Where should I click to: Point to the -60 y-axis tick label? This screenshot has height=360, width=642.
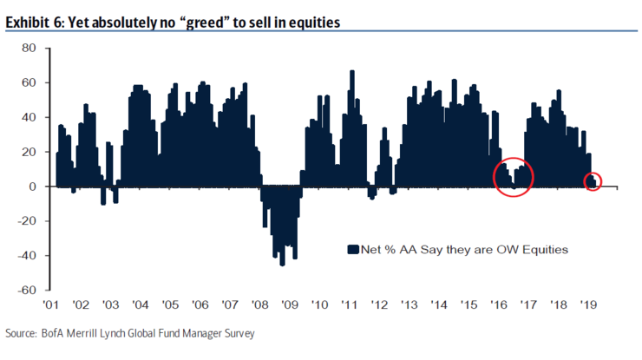click(x=26, y=290)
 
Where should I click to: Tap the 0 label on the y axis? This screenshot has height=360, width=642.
click(x=34, y=187)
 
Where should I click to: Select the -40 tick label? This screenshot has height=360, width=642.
click(x=26, y=255)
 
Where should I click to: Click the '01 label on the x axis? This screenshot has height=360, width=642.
click(x=51, y=305)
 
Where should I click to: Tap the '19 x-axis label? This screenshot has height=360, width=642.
click(x=589, y=305)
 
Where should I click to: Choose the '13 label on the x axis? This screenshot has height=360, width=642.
click(x=410, y=305)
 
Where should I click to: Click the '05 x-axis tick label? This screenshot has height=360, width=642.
click(x=170, y=305)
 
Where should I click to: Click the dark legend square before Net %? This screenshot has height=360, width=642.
click(x=352, y=250)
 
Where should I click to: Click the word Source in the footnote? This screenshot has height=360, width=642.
click(x=22, y=333)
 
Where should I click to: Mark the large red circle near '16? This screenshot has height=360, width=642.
click(x=513, y=176)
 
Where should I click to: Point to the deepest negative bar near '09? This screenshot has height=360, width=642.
click(x=282, y=264)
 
